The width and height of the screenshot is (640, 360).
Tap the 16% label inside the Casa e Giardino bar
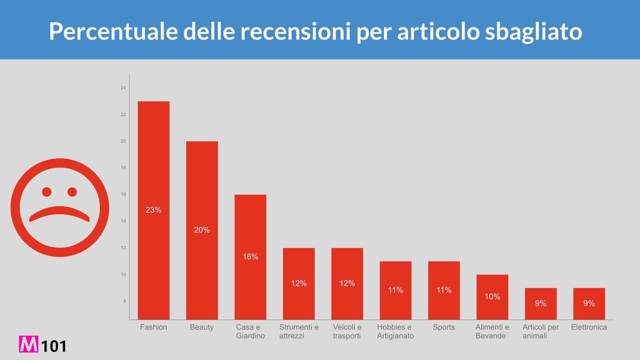(250, 257)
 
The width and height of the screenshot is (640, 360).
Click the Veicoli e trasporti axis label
(347, 331)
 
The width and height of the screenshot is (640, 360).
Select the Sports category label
(444, 327)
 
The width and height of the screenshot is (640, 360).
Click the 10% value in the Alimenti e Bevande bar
(492, 297)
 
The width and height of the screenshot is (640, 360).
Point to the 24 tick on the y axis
(123, 88)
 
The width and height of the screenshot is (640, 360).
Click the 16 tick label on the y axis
(123, 194)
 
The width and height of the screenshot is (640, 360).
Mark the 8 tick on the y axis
(125, 301)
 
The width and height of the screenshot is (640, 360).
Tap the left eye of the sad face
(47, 192)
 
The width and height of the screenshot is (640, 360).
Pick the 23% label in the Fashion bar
(153, 210)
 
